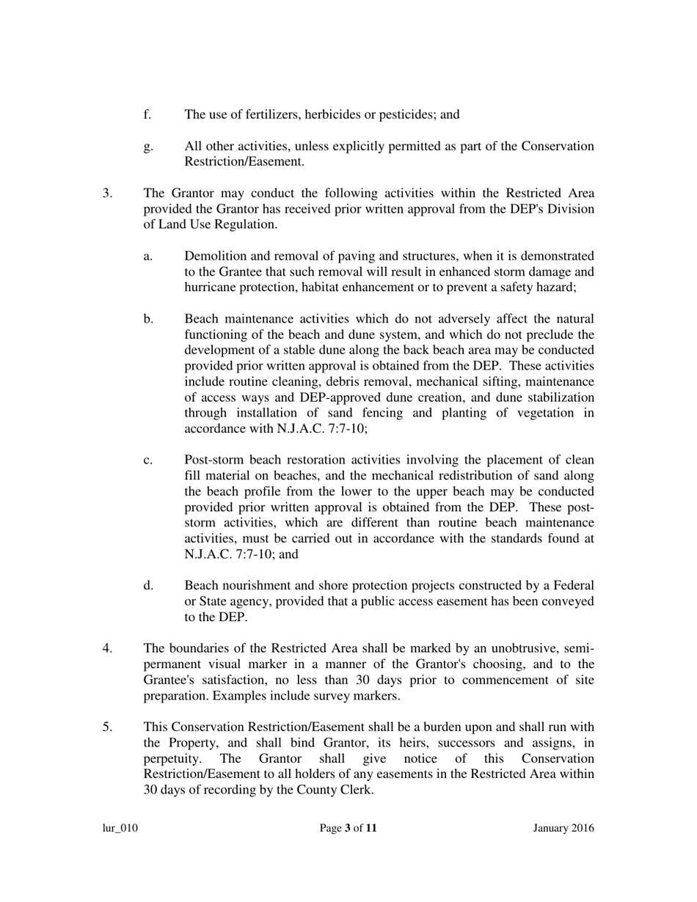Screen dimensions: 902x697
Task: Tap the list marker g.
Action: point(148,147)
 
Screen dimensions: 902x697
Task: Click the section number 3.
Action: point(107,194)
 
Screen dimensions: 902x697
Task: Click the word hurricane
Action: point(213,287)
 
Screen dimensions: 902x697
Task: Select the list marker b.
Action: point(148,319)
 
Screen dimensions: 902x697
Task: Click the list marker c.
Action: point(148,461)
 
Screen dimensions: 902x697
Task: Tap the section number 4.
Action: point(107,649)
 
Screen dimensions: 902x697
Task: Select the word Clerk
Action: point(355,791)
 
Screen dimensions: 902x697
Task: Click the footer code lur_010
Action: point(120,829)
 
